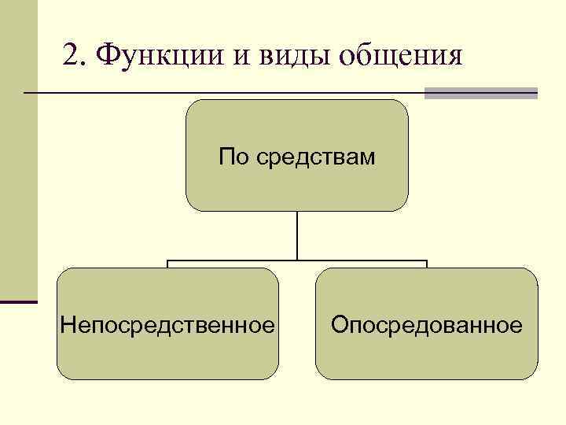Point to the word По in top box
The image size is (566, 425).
233,157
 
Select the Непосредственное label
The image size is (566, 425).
168,324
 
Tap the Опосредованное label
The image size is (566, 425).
427,324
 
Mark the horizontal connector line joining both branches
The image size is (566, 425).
297,261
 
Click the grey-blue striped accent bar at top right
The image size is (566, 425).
480,93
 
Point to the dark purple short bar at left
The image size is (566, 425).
19,301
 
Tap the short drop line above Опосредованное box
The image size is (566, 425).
426,264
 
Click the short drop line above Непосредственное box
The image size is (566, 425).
168,264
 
